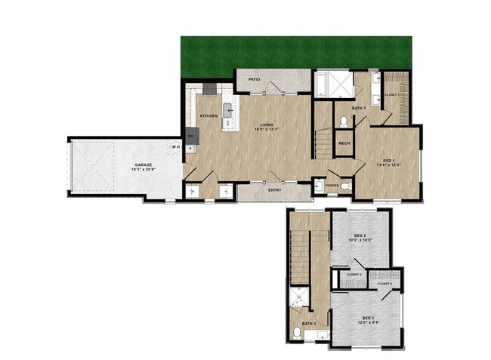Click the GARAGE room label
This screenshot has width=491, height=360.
click(142, 165)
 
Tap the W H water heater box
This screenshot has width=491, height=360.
click(175, 146)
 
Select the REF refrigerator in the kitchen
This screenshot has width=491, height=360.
click(191, 137)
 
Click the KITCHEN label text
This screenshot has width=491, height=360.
click(208, 116)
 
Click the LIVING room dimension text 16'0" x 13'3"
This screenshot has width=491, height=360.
click(266, 130)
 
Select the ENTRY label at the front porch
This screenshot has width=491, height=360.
click(275, 191)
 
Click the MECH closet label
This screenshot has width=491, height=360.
click(344, 143)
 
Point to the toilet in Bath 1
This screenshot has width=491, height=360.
click(344, 121)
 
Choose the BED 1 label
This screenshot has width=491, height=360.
click(388, 160)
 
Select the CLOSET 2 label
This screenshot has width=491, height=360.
click(354, 273)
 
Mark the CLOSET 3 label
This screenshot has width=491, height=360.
click(374, 283)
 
